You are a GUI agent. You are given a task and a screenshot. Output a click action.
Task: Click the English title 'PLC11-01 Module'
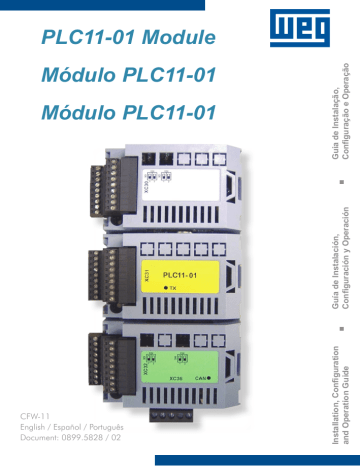[129, 38]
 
